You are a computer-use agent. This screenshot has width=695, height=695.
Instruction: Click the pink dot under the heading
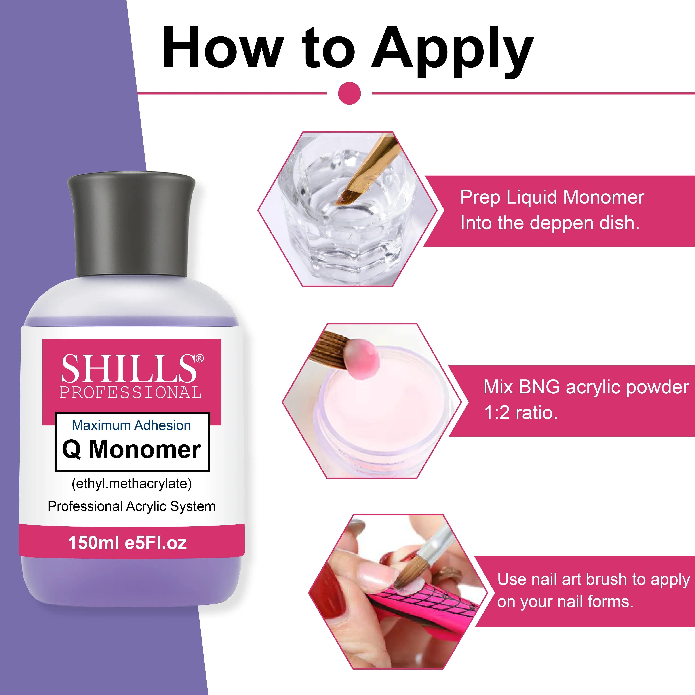tap(349, 93)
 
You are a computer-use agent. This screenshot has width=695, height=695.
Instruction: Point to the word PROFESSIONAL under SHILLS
tap(131, 393)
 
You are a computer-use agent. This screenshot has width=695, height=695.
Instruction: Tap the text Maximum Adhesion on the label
tap(131, 425)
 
